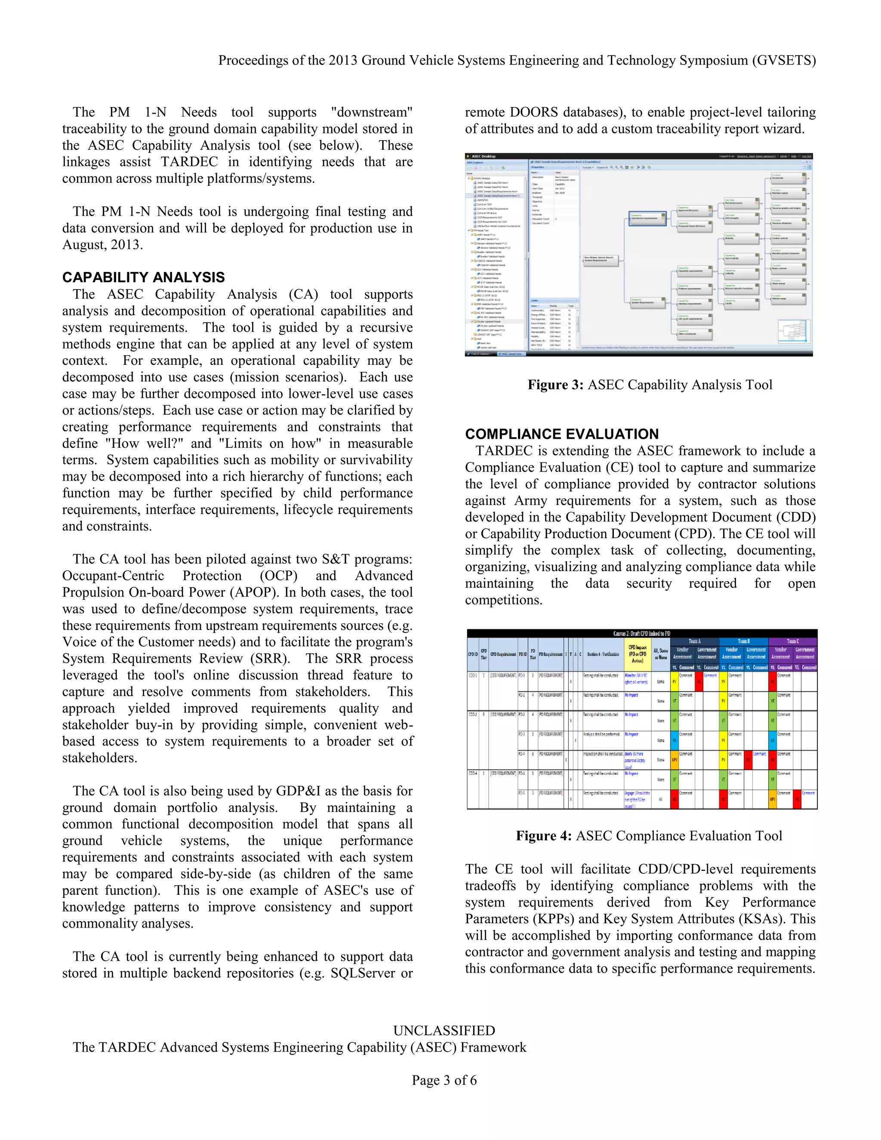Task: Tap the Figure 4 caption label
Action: click(x=544, y=836)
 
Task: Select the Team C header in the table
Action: click(x=793, y=641)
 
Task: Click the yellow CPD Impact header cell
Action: click(x=637, y=653)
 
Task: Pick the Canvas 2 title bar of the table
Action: click(x=641, y=633)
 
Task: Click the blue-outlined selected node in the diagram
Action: click(x=647, y=219)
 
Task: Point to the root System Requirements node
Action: click(x=601, y=259)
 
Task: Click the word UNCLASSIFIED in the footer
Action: click(x=444, y=1030)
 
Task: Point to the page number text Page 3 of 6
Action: click(x=444, y=1080)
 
